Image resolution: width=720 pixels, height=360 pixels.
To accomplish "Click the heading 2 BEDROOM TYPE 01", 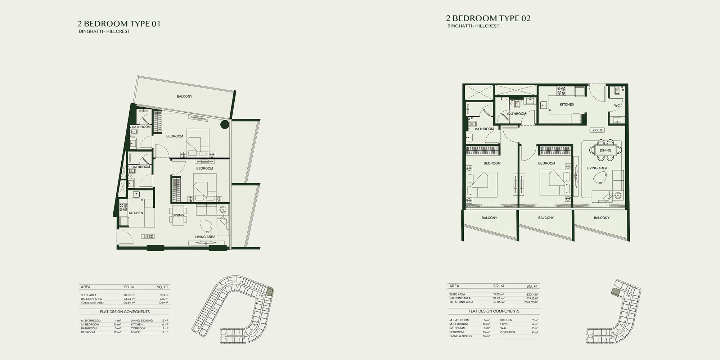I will coord(119,24).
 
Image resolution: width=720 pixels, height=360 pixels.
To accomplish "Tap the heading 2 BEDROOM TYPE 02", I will coord(488,18).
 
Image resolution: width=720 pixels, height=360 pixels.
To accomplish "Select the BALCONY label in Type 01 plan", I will coord(184,96).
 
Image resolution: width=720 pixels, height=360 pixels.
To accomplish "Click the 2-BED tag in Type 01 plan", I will coord(148,237).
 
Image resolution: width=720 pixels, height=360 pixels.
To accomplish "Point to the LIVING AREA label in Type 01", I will coord(205,237).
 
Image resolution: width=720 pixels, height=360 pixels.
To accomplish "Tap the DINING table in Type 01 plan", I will coord(178,215).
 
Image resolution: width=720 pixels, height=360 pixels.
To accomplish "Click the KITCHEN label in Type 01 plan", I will coord(136,213).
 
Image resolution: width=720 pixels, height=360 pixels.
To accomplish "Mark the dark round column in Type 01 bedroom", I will coord(224,125).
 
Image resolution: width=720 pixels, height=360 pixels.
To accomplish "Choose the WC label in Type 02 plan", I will coord(617,106).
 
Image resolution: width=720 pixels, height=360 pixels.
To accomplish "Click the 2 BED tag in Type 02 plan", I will coord(597,130).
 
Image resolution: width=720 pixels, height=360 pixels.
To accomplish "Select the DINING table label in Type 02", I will coord(606,150).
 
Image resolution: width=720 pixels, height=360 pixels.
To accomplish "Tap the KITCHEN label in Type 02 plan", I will coord(567,104).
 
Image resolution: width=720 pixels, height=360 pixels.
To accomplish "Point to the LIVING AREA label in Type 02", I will coord(597,168).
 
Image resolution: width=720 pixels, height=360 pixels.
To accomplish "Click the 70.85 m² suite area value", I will coord(129,295).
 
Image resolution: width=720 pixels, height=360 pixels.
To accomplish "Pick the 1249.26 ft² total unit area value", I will coord(531,302).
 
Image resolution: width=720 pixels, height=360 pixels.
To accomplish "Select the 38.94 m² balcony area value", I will coord(499,298).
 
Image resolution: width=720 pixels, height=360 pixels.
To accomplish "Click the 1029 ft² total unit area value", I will coord(163,303).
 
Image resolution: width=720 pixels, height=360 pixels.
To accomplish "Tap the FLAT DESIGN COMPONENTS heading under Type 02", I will coord(494,311).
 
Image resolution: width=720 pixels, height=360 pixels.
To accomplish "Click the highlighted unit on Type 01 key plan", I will coord(269,292).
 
